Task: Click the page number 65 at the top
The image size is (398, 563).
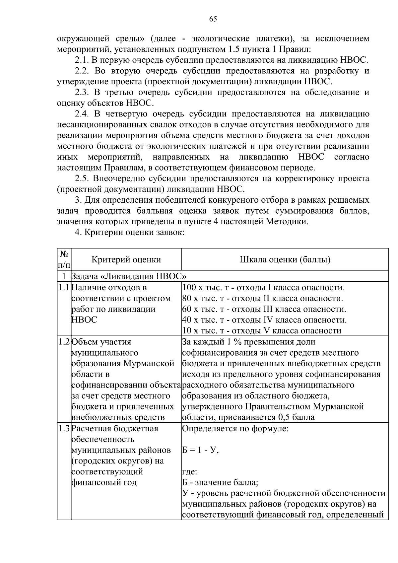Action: pyautogui.click(x=213, y=19)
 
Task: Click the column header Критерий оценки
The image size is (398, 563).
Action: pyautogui.click(x=126, y=259)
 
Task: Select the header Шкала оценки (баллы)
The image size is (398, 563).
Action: pyautogui.click(x=285, y=259)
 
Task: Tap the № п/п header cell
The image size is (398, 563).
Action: pyautogui.click(x=64, y=259)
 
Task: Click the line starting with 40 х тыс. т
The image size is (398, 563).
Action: pyautogui.click(x=264, y=320)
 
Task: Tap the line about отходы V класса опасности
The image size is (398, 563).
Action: pyautogui.click(x=262, y=331)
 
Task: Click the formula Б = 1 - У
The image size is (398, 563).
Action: pyautogui.click(x=200, y=450)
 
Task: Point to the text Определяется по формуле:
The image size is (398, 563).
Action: pyautogui.click(x=235, y=428)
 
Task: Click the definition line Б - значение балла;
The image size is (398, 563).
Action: pyautogui.click(x=220, y=482)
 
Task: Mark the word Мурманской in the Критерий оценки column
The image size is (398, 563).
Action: pyautogui.click(x=149, y=363)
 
